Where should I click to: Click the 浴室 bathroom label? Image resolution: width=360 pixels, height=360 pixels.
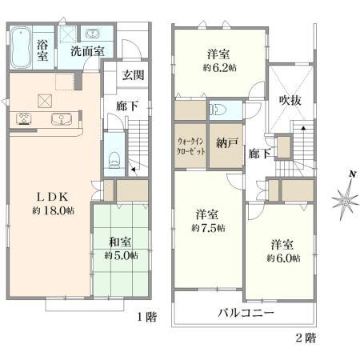pos(42,50)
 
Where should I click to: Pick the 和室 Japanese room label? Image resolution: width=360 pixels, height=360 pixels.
pos(120,242)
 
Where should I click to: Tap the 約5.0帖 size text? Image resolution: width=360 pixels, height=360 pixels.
pos(120,256)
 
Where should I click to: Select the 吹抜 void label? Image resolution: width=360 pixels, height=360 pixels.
pos(289,100)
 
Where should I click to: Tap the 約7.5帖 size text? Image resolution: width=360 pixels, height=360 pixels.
pos(208,228)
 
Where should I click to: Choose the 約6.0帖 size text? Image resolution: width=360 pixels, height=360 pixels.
pos(283,258)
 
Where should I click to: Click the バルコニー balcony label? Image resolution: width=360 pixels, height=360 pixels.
pos(247,312)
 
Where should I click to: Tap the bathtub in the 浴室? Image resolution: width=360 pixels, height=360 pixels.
pos(22,47)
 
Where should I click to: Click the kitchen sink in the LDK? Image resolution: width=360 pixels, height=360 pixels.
pos(61,119)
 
